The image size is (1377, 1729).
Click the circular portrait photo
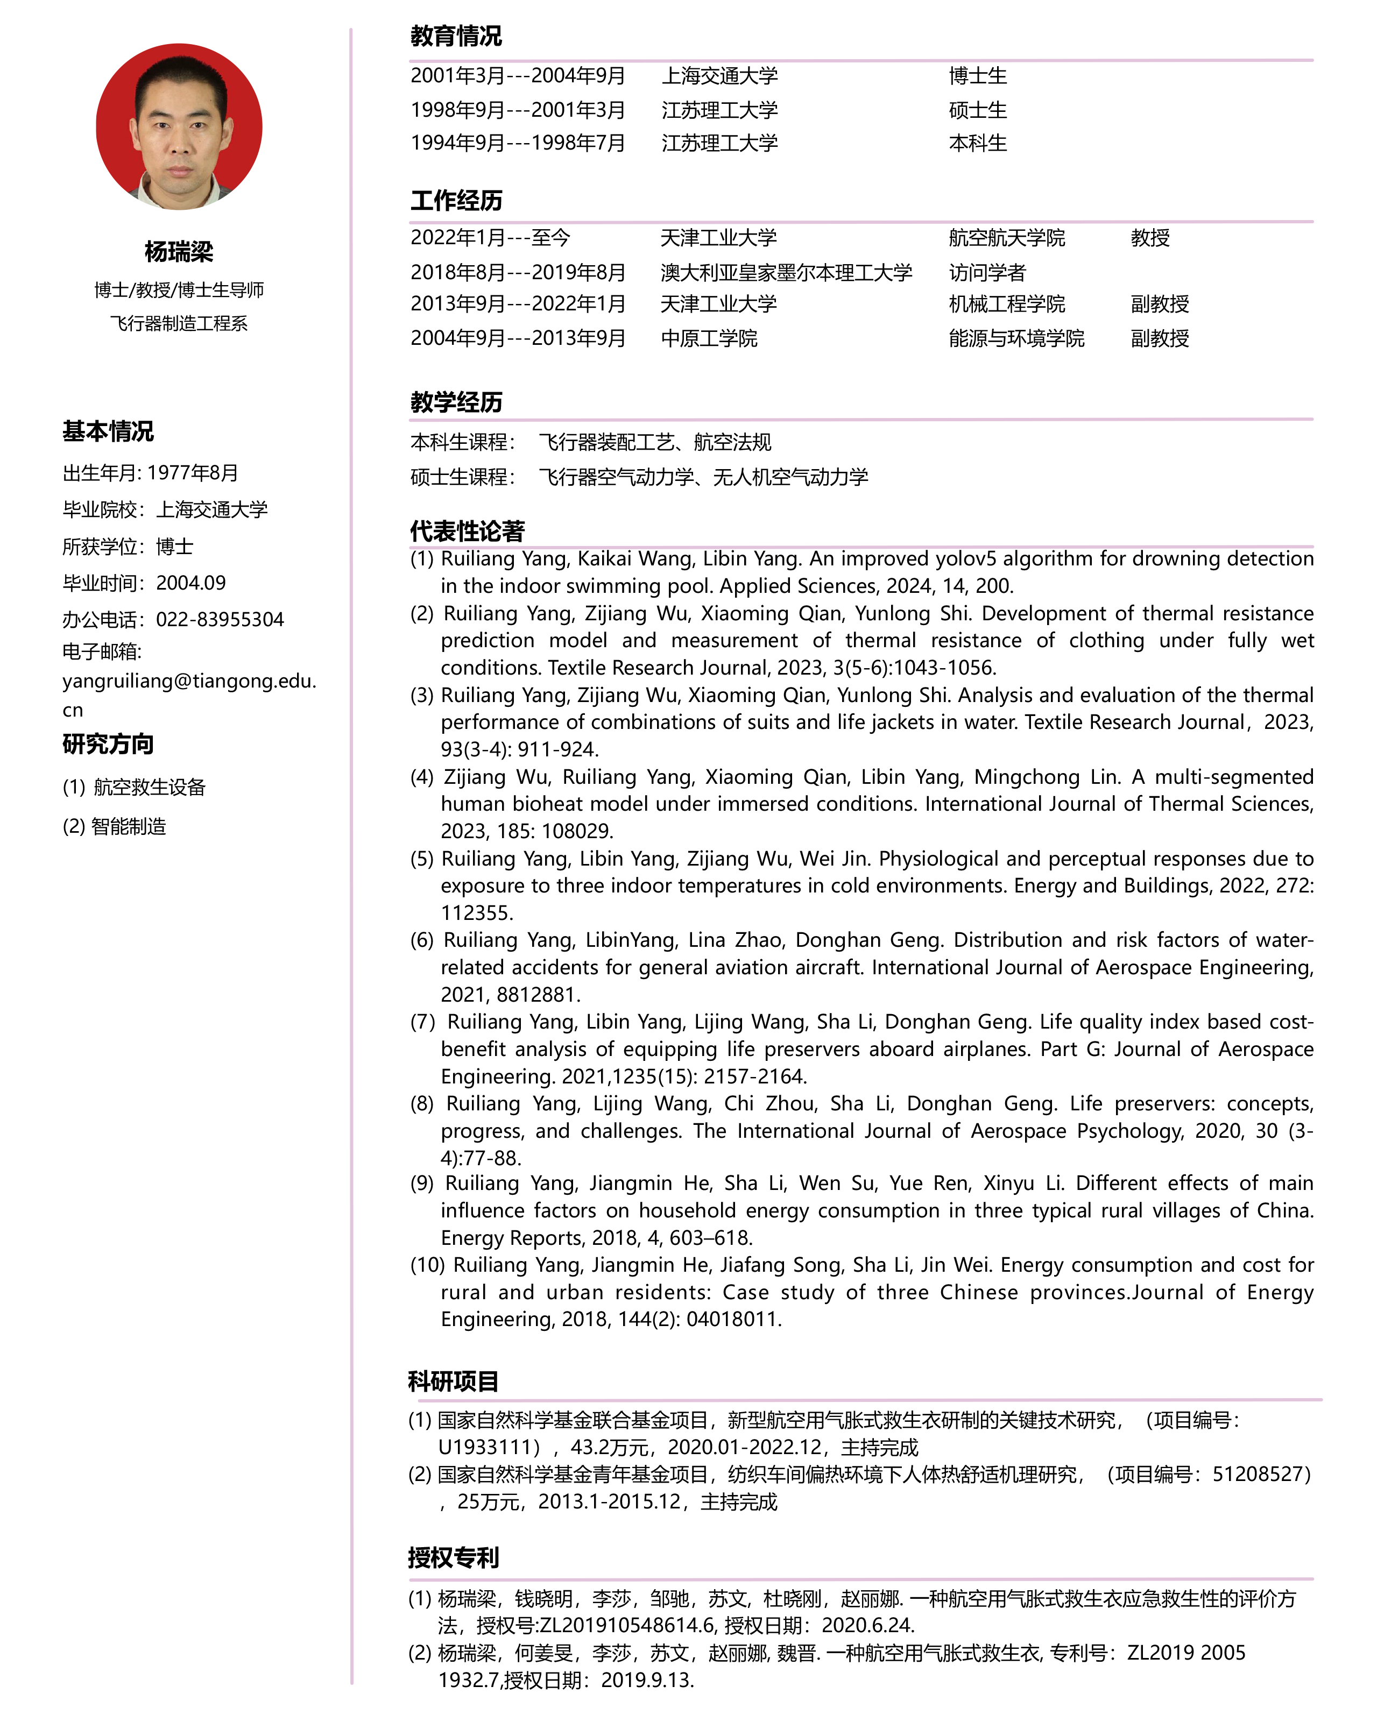tap(179, 127)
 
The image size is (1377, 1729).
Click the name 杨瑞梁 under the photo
tap(179, 252)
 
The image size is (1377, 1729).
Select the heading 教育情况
tap(456, 36)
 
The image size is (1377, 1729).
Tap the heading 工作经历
tap(456, 201)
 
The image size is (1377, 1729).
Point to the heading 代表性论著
tap(467, 531)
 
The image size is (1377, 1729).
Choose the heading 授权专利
tap(453, 1557)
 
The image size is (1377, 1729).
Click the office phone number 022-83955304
tap(220, 620)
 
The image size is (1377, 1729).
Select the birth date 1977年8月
tap(193, 473)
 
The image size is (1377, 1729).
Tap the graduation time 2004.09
tap(191, 583)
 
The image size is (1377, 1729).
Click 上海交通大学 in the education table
tap(719, 76)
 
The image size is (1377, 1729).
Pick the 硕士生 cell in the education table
tap(978, 111)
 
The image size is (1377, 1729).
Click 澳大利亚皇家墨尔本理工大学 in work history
tap(786, 273)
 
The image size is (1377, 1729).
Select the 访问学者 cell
tap(987, 273)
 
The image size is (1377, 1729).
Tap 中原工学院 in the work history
tap(709, 338)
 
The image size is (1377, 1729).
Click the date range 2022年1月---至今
tap(490, 238)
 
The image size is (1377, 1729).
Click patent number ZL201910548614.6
tap(626, 1626)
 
